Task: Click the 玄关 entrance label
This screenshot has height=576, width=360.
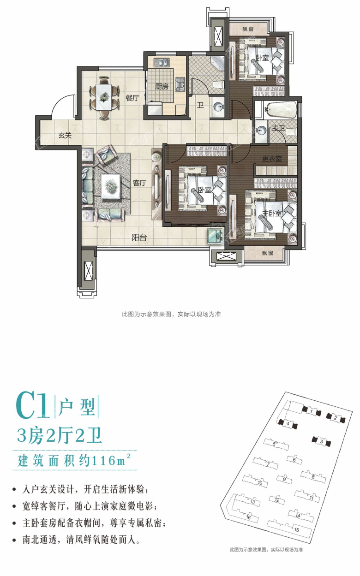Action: point(65,135)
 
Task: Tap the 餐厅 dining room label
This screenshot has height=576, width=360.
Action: point(132,98)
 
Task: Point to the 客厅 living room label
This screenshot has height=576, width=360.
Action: point(139,183)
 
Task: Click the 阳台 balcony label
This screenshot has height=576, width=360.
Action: point(139,238)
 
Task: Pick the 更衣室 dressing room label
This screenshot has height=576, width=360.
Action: point(272,159)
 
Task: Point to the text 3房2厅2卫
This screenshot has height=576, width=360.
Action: point(59,435)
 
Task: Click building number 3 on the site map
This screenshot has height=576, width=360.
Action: point(321,442)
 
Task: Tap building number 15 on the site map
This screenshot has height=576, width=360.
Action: point(297,530)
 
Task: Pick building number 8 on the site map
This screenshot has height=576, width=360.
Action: point(313,476)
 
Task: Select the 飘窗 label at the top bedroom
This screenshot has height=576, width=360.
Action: point(249,29)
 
